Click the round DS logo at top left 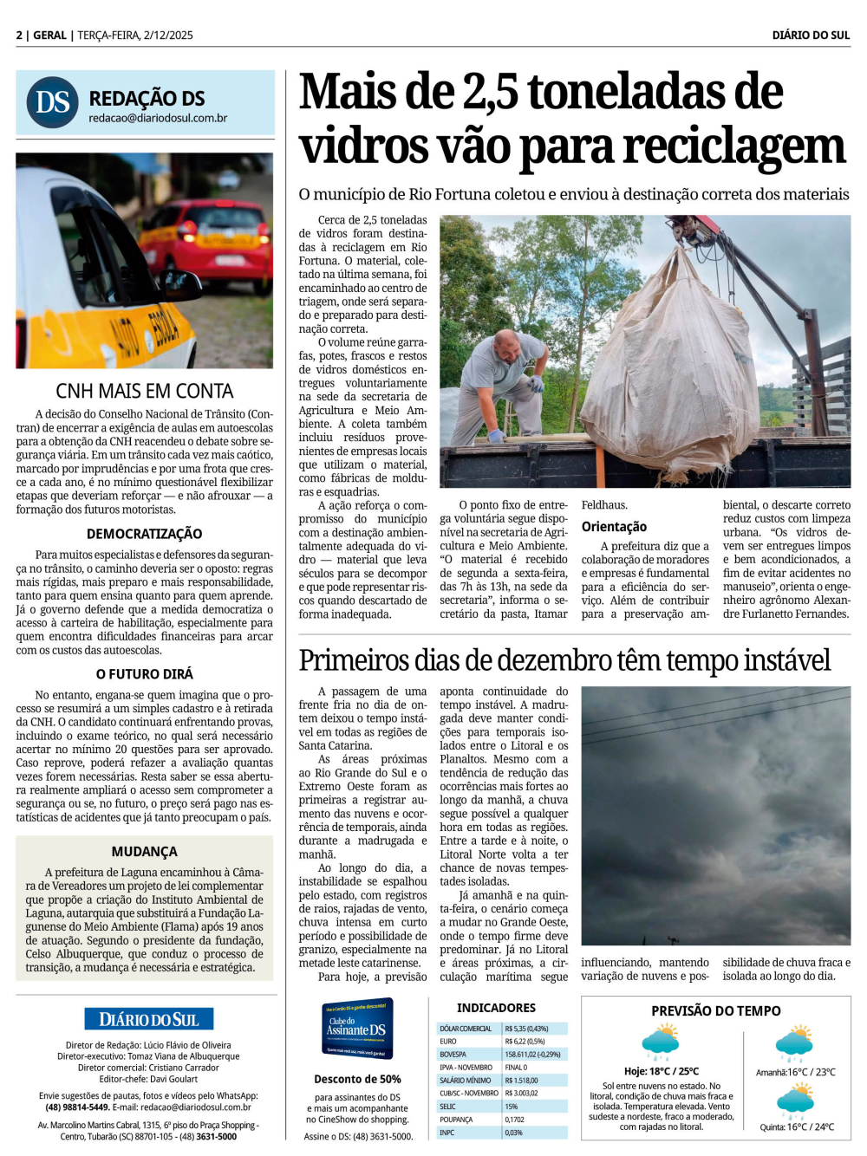pyautogui.click(x=53, y=102)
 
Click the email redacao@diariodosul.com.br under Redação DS pyautogui.click(x=158, y=118)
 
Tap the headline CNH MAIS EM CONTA pyautogui.click(x=145, y=391)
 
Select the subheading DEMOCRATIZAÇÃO pyautogui.click(x=145, y=534)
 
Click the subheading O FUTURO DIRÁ pyautogui.click(x=145, y=674)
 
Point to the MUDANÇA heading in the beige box pyautogui.click(x=145, y=852)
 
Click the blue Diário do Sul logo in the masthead pyautogui.click(x=149, y=1019)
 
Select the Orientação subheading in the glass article pyautogui.click(x=614, y=527)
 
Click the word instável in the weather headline pyautogui.click(x=781, y=661)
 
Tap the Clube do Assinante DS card pyautogui.click(x=357, y=1028)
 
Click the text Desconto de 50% pyautogui.click(x=357, y=1079)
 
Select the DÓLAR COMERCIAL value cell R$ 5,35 pyautogui.click(x=525, y=1029)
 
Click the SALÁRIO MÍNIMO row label pyautogui.click(x=465, y=1081)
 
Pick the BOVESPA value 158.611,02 pyautogui.click(x=532, y=1055)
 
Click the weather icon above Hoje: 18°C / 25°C pyautogui.click(x=661, y=1042)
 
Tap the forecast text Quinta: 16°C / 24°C pyautogui.click(x=797, y=1127)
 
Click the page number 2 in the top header pyautogui.click(x=19, y=36)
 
